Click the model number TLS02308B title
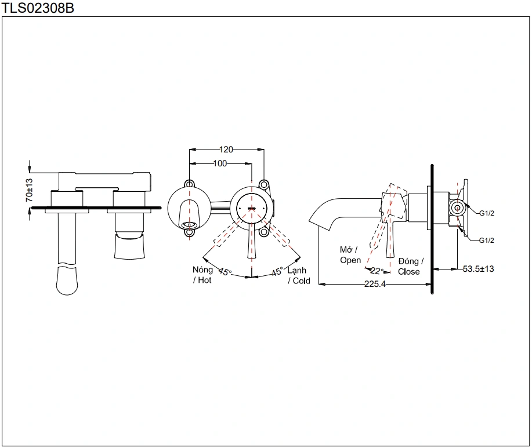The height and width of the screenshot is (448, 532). tap(37, 8)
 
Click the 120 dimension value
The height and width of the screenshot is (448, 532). tap(226, 150)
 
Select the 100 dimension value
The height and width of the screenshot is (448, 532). tap(220, 163)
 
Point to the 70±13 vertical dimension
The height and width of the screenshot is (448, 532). tap(29, 190)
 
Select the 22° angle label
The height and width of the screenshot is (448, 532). tap(378, 271)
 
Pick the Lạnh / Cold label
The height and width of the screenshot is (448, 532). tap(299, 275)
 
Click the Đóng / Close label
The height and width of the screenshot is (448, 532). tap(410, 267)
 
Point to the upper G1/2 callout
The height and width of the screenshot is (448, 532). tap(486, 213)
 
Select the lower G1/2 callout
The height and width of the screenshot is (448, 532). tap(486, 240)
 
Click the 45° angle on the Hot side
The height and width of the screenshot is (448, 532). tap(225, 271)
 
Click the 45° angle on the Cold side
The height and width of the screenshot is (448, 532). tap(277, 271)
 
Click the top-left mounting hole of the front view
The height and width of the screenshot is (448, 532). tap(190, 184)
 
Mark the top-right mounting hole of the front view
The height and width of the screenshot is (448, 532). tap(264, 184)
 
